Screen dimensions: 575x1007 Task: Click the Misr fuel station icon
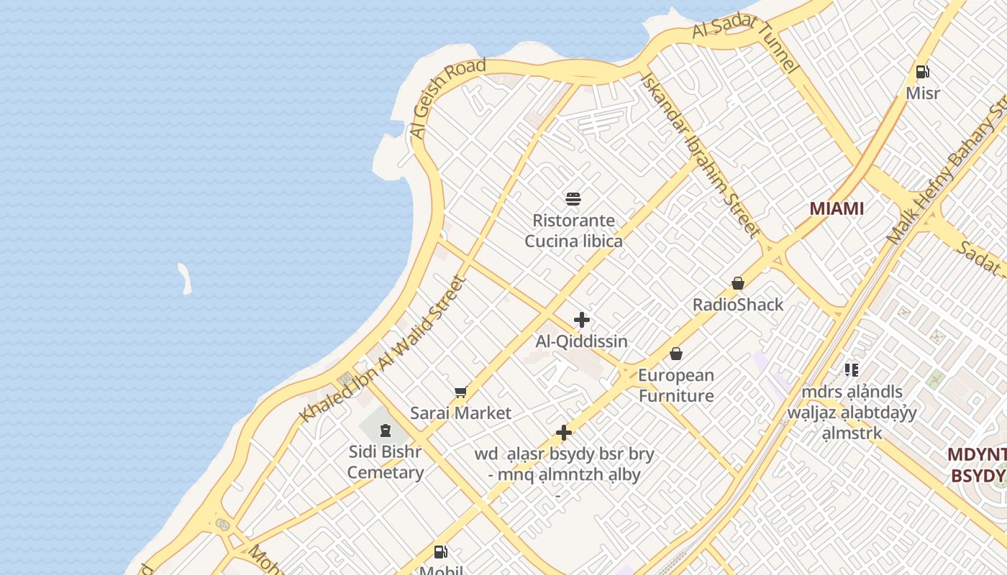click(922, 71)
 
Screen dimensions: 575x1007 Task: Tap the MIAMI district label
click(837, 208)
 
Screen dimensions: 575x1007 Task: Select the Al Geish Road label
click(447, 98)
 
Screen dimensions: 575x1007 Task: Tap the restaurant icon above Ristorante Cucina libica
click(573, 199)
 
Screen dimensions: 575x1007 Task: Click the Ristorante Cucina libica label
click(573, 231)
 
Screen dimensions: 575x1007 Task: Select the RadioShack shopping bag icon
click(737, 283)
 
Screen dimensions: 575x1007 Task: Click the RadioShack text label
click(738, 305)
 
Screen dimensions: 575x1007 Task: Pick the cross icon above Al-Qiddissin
click(582, 320)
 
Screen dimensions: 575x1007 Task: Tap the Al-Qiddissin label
click(582, 341)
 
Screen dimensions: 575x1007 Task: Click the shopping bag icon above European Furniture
click(676, 354)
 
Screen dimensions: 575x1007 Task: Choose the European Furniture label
click(676, 385)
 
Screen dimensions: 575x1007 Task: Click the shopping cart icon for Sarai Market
click(460, 392)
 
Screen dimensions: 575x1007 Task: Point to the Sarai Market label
click(460, 413)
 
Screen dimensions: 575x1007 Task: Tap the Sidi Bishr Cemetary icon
click(386, 431)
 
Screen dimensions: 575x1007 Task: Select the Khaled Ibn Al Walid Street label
click(383, 349)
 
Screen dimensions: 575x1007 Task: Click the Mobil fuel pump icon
click(441, 552)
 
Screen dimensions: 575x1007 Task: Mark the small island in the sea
click(185, 278)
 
